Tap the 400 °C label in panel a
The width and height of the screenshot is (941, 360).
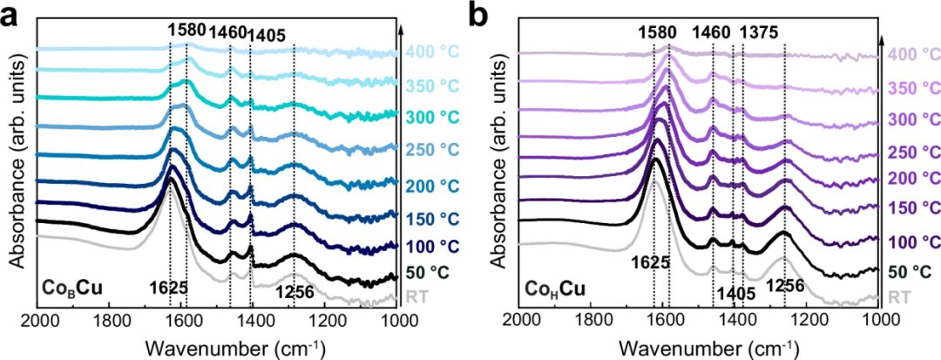pyautogui.click(x=431, y=51)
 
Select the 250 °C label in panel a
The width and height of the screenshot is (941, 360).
pyautogui.click(x=431, y=149)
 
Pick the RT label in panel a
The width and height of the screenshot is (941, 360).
pyautogui.click(x=418, y=298)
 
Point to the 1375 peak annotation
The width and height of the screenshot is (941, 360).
pyautogui.click(x=757, y=32)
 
